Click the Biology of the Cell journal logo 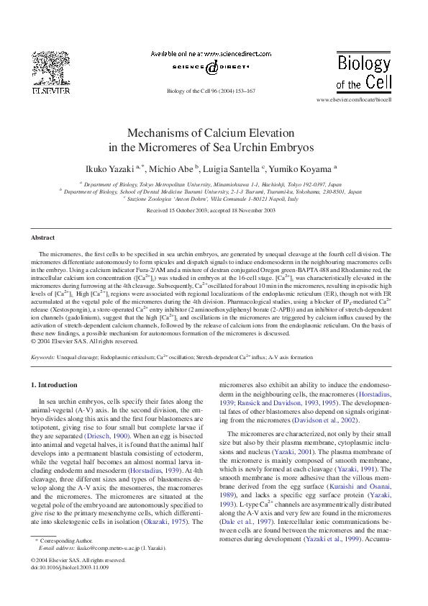coord(365,69)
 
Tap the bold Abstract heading coord(42,238)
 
